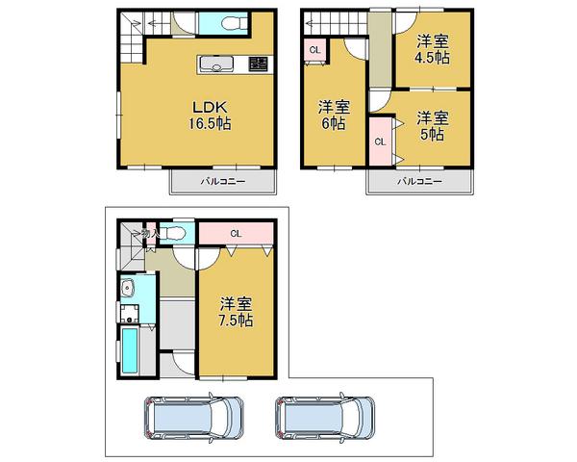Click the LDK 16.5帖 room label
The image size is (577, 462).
[210, 114]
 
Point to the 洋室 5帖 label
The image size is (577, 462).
[433, 125]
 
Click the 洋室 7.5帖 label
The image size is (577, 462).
[234, 311]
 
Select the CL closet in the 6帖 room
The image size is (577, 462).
[314, 50]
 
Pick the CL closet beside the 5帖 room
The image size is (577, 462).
[379, 141]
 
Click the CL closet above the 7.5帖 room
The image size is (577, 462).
[236, 233]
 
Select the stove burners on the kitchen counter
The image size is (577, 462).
[258, 65]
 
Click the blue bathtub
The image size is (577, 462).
[130, 351]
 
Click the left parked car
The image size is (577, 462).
[194, 419]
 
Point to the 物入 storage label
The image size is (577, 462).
[147, 233]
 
